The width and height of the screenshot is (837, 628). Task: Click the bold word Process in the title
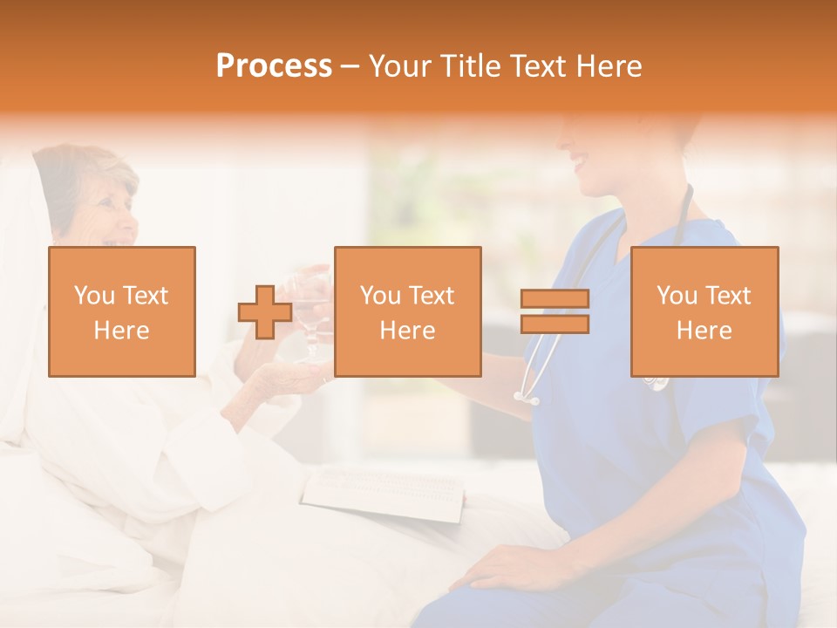pyautogui.click(x=274, y=66)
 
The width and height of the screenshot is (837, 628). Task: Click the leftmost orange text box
pyautogui.click(x=122, y=311)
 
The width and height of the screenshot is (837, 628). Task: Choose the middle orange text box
pyautogui.click(x=407, y=311)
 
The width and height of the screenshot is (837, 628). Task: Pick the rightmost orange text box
pyautogui.click(x=704, y=311)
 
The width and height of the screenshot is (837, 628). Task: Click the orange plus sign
pyautogui.click(x=265, y=313)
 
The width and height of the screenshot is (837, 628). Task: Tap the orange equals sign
pyautogui.click(x=555, y=311)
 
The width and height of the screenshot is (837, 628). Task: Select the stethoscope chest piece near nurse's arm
pyautogui.click(x=527, y=398)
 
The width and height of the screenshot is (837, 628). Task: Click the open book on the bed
pyautogui.click(x=384, y=494)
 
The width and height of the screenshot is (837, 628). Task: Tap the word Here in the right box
pyautogui.click(x=704, y=331)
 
